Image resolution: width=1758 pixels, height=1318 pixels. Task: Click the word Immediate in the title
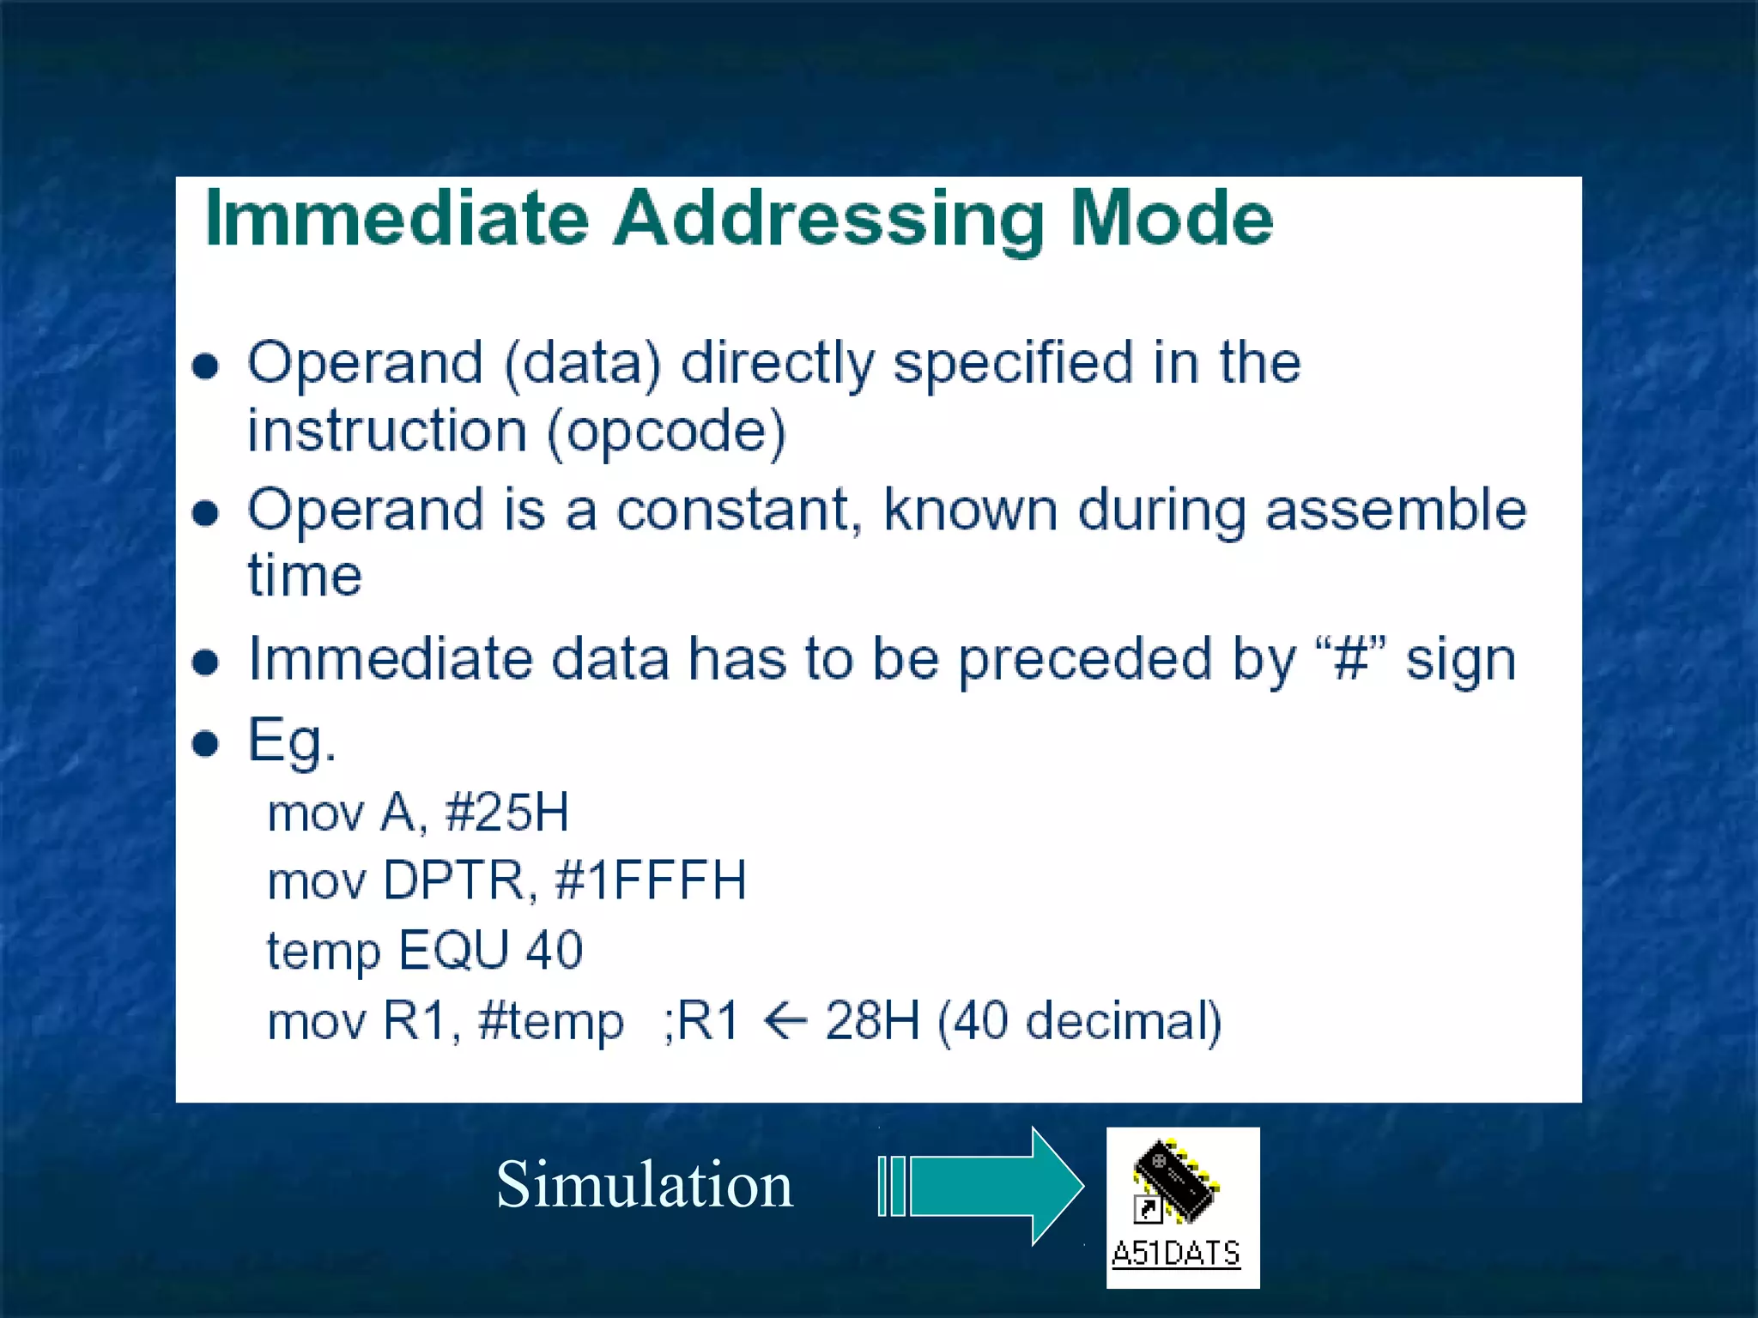tap(397, 219)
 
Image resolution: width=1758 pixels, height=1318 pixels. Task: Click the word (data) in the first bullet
tap(583, 364)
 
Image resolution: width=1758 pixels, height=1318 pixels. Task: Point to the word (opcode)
tap(666, 432)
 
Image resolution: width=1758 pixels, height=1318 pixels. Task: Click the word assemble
tap(1396, 511)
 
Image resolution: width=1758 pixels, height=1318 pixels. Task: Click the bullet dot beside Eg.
tap(205, 742)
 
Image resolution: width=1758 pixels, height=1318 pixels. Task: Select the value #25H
tap(506, 812)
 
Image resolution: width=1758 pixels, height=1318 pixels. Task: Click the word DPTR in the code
tap(454, 881)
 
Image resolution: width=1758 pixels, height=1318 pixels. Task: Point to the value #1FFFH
tap(651, 881)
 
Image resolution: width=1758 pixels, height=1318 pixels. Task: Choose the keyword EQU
tap(454, 951)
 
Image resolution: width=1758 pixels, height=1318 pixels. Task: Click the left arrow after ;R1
tap(785, 1021)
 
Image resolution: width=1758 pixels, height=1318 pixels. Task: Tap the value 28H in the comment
tap(871, 1021)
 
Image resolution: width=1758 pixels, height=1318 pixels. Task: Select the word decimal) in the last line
tap(1123, 1021)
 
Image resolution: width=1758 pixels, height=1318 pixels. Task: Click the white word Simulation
tap(645, 1185)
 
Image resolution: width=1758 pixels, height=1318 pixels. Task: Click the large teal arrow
tap(987, 1186)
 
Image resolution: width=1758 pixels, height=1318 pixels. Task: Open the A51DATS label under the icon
tap(1175, 1254)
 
